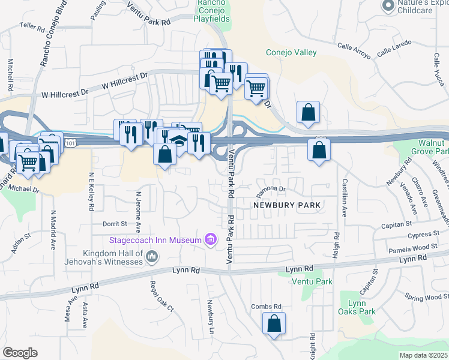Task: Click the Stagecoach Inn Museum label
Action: (155, 241)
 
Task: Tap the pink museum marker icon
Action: (210, 241)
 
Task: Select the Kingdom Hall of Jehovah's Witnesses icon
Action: (152, 257)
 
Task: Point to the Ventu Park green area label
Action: (312, 281)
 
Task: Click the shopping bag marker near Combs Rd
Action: (274, 324)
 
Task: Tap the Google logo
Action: (20, 353)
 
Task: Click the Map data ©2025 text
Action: (424, 355)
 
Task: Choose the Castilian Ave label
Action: (344, 199)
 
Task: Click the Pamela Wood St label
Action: (412, 248)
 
